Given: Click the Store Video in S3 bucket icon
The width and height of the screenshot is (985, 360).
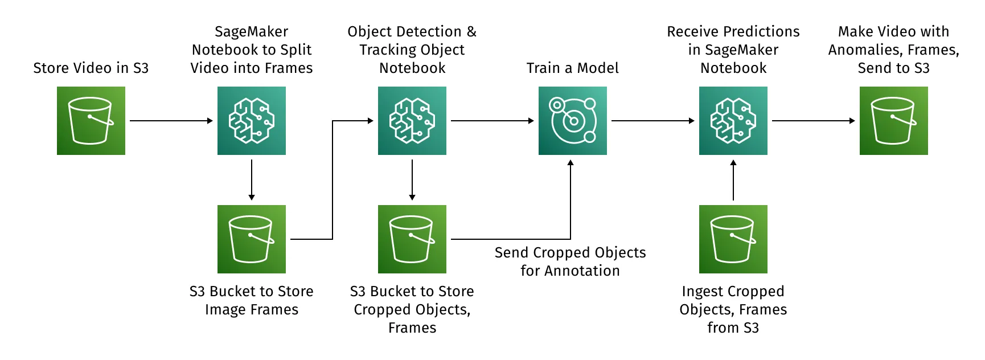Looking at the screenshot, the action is pos(91,121).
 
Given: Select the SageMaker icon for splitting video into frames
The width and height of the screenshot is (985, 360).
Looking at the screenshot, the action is pos(252,121).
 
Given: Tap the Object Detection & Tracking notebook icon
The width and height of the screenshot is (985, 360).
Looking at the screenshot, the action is pos(412,121).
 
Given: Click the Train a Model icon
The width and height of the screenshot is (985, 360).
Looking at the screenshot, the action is pos(573,121).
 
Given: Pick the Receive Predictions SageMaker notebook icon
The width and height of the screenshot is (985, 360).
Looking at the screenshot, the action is pos(733,121).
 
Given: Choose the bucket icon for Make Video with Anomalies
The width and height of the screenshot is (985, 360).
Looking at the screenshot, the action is pos(894,121).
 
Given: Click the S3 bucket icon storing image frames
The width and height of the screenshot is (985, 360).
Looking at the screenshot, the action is pos(252,239).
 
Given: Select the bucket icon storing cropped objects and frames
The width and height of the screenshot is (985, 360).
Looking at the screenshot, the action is pos(412,239).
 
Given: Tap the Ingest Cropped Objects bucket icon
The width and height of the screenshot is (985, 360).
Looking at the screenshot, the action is pos(733,239).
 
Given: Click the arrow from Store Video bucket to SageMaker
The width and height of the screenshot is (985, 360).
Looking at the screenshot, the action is pos(171,121).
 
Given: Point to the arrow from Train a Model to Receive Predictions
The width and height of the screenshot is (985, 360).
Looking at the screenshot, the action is pos(653,121).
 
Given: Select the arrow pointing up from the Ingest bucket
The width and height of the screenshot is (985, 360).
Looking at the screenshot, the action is pos(733,180).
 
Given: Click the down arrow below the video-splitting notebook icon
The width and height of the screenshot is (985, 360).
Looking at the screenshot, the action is pos(252,180).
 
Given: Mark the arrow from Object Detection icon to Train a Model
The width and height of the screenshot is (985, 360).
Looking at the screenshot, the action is pos(492,121).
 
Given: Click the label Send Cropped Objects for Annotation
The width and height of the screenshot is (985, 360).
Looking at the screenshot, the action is pos(571,261).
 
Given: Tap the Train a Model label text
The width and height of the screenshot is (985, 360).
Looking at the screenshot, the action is pos(573,68).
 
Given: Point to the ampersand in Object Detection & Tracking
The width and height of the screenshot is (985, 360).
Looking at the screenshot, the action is pos(471,32).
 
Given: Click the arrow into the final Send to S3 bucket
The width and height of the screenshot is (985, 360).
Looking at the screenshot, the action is pos(814,121).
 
